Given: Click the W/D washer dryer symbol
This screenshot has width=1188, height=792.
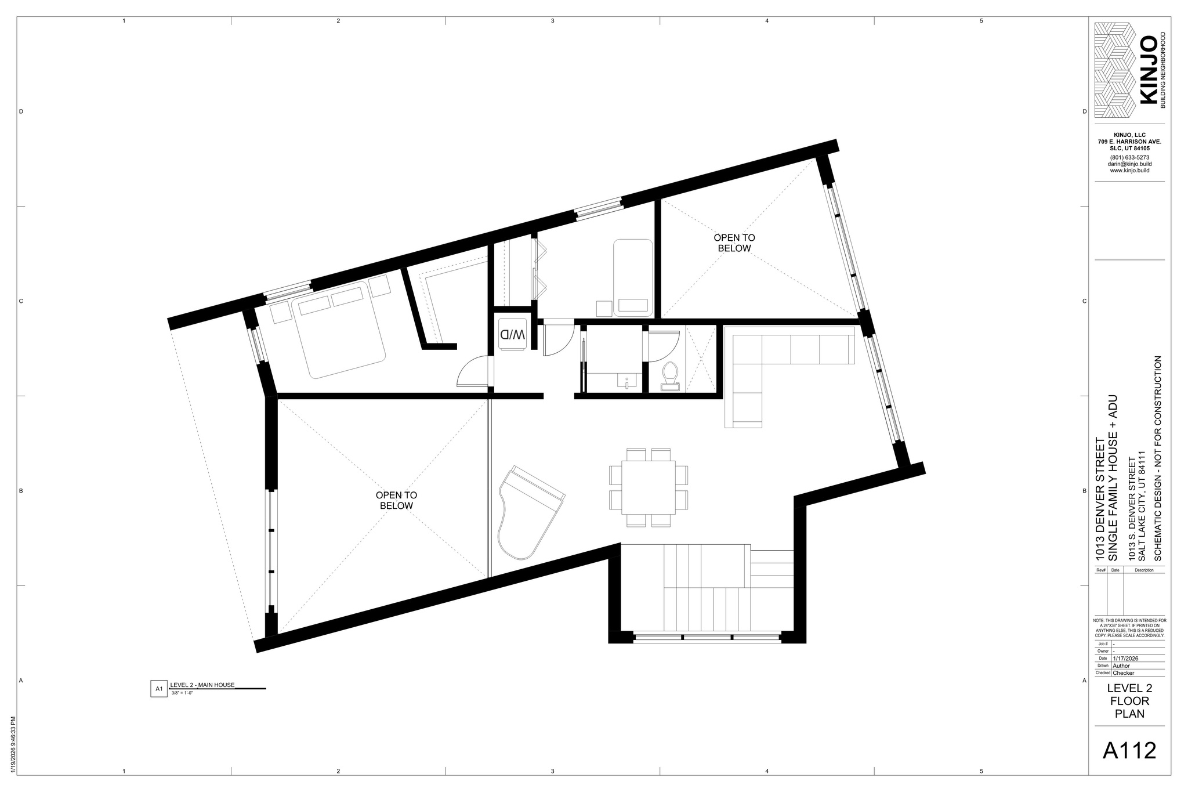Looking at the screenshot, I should click(x=512, y=334).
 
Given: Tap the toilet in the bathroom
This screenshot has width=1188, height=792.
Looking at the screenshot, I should click(x=671, y=374).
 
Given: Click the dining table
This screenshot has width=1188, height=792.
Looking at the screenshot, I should click(x=649, y=487).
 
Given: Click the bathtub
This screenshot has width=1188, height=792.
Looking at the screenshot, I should click(x=633, y=278).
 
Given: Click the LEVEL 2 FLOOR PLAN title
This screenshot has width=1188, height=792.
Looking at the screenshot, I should click(x=1129, y=701).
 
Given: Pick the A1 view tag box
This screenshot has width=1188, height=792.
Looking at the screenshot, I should click(x=158, y=689).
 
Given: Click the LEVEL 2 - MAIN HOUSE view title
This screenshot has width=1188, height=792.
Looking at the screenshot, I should click(x=202, y=685).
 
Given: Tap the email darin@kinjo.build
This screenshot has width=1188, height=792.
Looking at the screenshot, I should click(x=1129, y=164).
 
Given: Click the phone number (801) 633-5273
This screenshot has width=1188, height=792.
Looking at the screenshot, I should click(x=1129, y=157).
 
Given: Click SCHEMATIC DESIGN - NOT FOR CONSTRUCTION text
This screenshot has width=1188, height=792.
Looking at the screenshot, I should click(x=1158, y=458).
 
